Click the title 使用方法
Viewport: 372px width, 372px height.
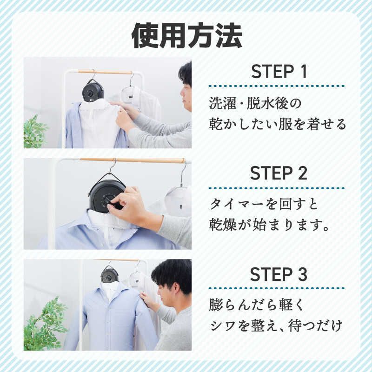coord(187,36)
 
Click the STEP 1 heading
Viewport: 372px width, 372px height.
coord(279,72)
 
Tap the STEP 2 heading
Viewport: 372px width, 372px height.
coord(279,173)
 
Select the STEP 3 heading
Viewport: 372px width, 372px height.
coord(279,274)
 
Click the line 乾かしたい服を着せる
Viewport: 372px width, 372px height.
coord(278,124)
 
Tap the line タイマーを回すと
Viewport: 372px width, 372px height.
coord(264,204)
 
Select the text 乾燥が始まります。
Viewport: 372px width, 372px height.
coord(269,225)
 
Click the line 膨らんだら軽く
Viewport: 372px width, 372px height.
coord(257,305)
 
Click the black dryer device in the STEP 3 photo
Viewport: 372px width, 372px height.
coord(109,276)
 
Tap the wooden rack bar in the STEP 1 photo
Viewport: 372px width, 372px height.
coord(104,72)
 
